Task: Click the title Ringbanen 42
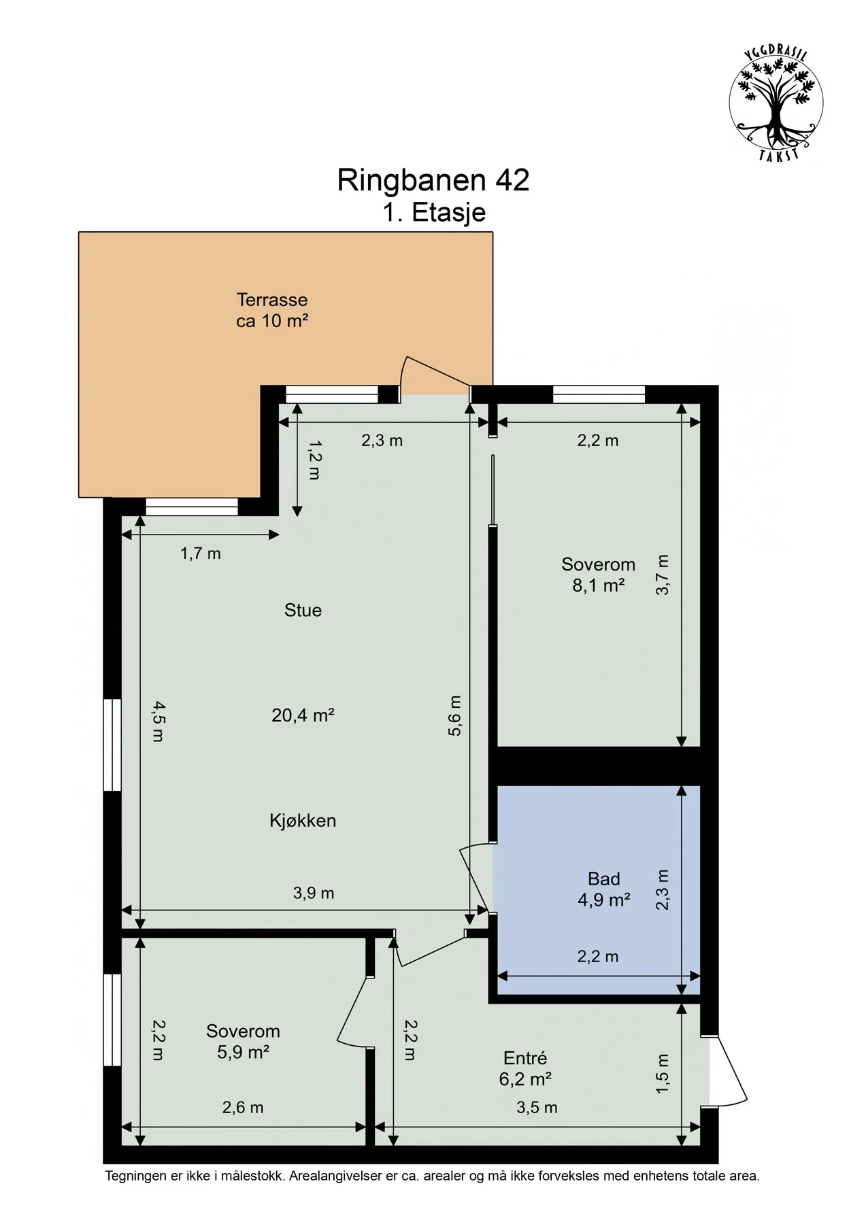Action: tap(433, 180)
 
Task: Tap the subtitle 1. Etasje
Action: tap(433, 212)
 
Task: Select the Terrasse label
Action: tap(272, 300)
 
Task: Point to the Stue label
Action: tap(303, 610)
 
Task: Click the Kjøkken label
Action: tap(303, 821)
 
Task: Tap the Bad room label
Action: tap(603, 879)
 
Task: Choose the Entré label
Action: tap(525, 1058)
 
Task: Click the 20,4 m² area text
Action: tap(303, 715)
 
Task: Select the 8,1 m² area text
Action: tap(599, 585)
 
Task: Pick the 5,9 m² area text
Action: tap(244, 1052)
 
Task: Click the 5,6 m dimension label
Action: tap(454, 715)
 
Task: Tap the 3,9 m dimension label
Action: tap(314, 893)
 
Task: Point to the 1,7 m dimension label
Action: tap(201, 554)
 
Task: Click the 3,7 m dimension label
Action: tap(663, 575)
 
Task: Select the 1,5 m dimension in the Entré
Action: tap(663, 1074)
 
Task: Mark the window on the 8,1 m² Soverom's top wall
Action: tap(599, 394)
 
